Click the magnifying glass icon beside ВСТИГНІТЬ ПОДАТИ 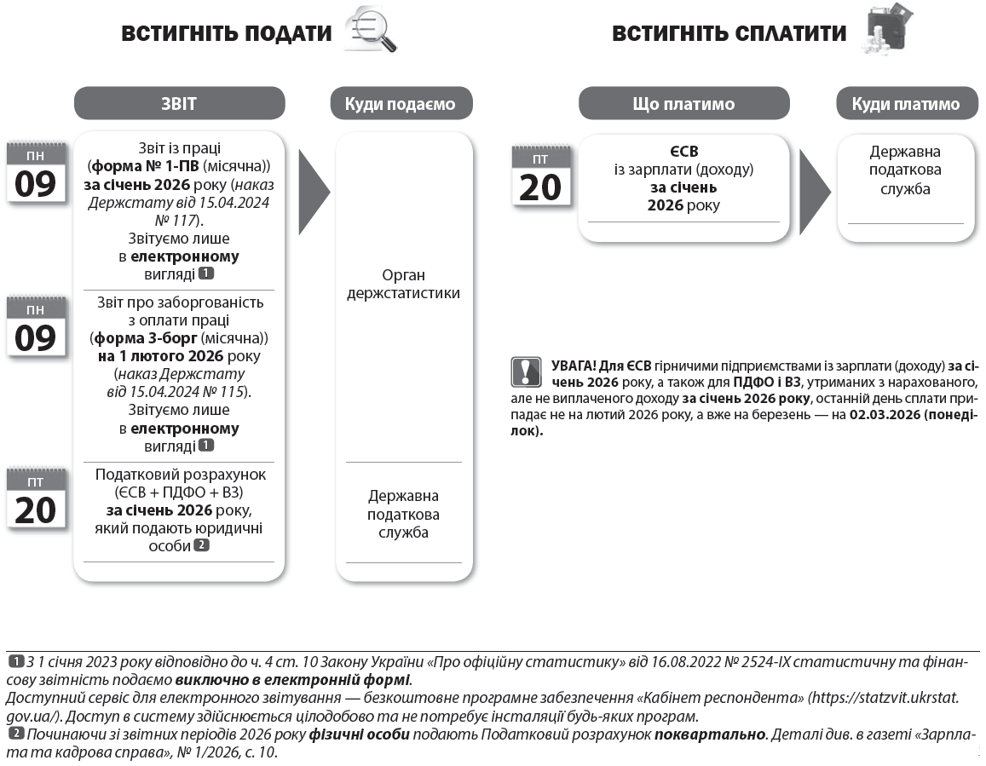(372, 31)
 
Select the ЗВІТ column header (179, 104)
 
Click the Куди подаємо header (400, 104)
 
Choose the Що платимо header (683, 104)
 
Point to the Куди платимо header (905, 104)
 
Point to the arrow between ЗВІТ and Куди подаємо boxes (314, 191)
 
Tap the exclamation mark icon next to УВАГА (527, 371)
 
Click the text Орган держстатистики (404, 285)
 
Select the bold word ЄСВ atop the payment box (683, 151)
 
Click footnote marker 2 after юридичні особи (201, 545)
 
